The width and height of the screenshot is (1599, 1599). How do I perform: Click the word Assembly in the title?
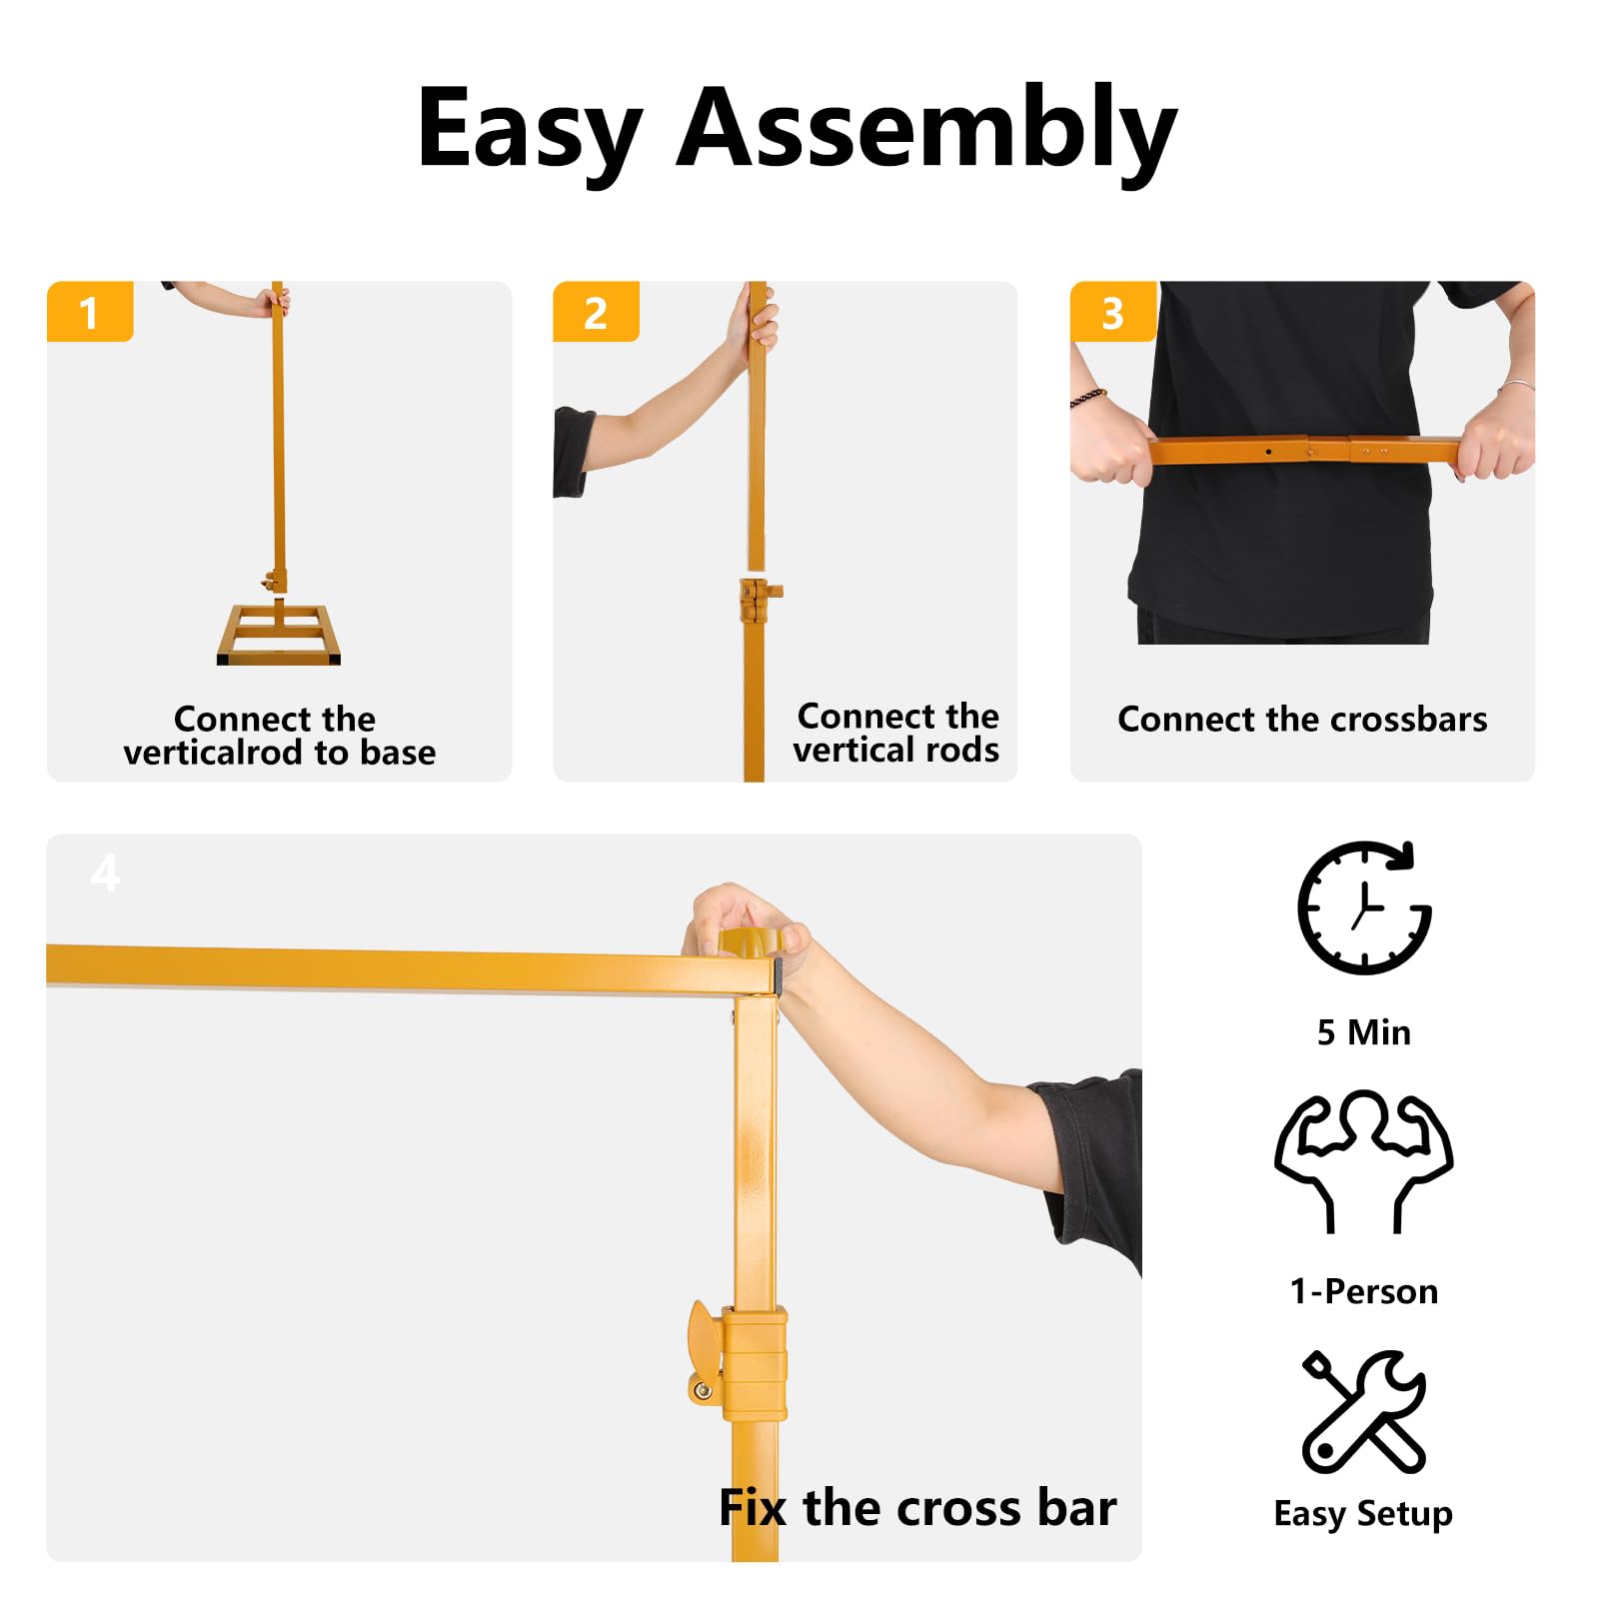[x=926, y=130]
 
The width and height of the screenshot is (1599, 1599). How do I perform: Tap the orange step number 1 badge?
[x=90, y=313]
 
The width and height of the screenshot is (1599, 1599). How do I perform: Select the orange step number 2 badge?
[x=596, y=313]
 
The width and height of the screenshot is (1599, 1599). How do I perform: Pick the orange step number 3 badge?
[x=1112, y=313]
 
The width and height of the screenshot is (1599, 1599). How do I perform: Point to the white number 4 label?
[x=105, y=873]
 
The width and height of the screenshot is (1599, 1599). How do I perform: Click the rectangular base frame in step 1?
[x=279, y=636]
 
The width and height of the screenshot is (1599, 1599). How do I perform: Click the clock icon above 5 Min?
[x=1363, y=907]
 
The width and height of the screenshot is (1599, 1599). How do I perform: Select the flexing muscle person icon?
[x=1363, y=1159]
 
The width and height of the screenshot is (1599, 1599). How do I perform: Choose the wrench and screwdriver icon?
[x=1363, y=1411]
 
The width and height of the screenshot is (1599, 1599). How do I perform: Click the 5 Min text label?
[x=1363, y=1032]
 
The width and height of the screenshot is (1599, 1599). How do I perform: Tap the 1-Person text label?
[x=1363, y=1291]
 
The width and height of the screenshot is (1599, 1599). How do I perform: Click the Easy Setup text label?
[x=1363, y=1513]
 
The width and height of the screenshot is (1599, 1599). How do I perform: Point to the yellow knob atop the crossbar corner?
[x=747, y=941]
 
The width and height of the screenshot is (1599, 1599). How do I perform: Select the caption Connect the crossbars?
[x=1301, y=720]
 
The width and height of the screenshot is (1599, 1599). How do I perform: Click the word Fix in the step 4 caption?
[x=752, y=1507]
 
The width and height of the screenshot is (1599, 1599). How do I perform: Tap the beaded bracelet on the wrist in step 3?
[x=1088, y=398]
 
